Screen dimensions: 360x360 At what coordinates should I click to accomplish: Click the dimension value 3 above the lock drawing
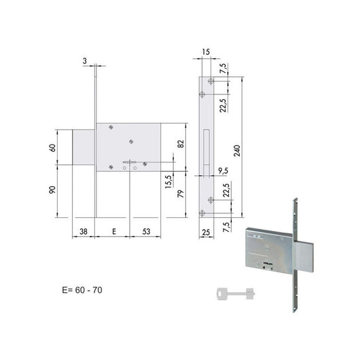pos(84,60)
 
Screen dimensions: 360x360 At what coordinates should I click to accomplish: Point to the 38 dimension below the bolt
pos(83,230)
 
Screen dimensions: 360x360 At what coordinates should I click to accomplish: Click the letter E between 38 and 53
pos(113,230)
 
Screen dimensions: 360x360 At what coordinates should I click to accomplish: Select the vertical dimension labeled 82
pos(181,143)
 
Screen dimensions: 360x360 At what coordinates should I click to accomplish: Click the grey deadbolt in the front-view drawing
pos(84,145)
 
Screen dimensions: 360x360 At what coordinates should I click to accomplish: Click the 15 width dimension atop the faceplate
pos(205,52)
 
